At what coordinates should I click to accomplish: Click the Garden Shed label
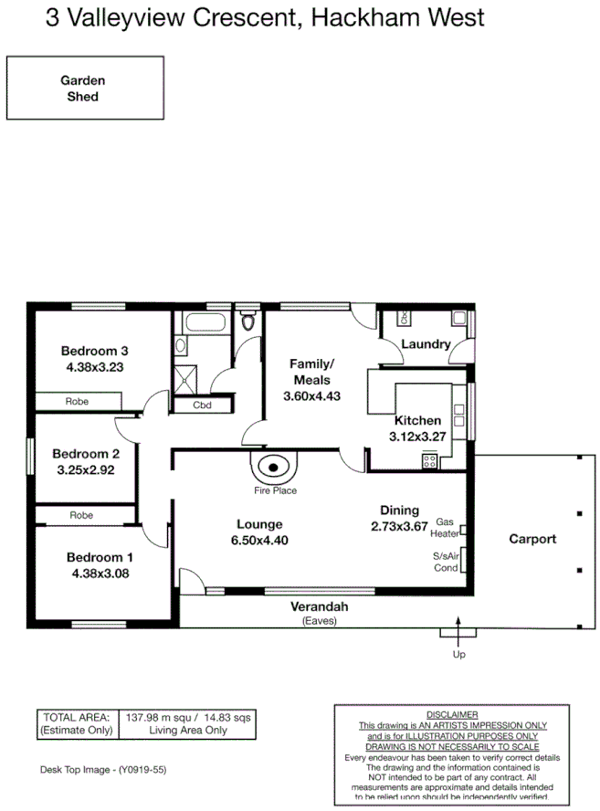[83, 88]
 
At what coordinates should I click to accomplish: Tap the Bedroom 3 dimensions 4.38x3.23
[95, 367]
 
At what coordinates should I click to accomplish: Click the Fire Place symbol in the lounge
[273, 469]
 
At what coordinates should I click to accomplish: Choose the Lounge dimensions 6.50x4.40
[259, 541]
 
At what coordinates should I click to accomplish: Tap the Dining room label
[399, 511]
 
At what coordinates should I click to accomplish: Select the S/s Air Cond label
[445, 561]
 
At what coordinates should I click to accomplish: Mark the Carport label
[532, 539]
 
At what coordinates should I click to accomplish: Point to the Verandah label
[320, 607]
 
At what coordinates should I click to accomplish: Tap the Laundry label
[426, 344]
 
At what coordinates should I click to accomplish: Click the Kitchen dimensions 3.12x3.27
[419, 437]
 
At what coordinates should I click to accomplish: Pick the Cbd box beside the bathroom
[202, 406]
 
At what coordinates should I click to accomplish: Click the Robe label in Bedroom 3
[76, 401]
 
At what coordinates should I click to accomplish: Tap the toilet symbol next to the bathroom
[247, 322]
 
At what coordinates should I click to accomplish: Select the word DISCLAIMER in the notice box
[451, 714]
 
